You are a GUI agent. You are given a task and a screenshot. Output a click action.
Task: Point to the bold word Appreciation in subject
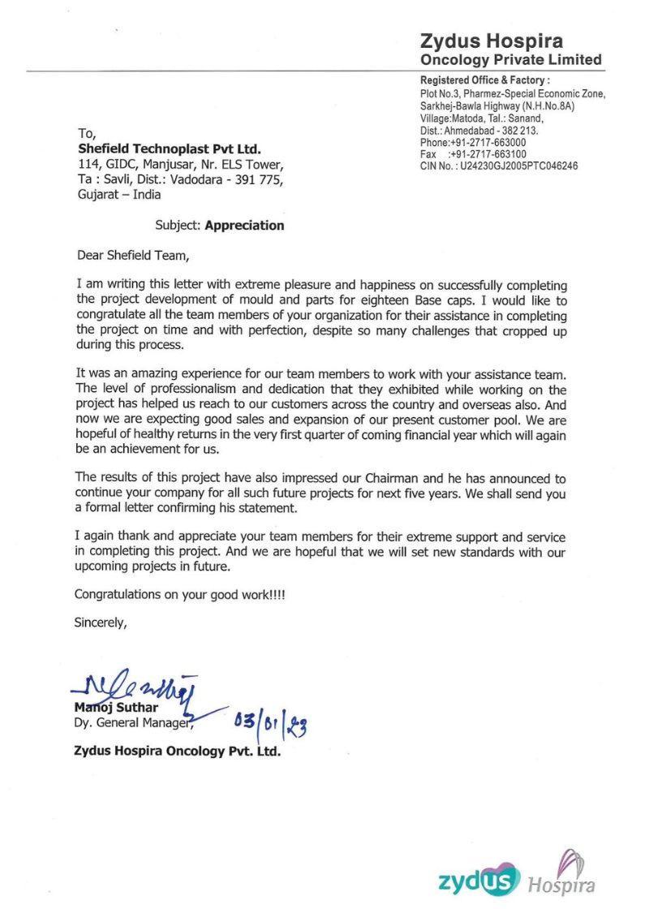pyautogui.click(x=244, y=226)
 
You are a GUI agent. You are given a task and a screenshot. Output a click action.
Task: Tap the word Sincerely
pyautogui.click(x=101, y=624)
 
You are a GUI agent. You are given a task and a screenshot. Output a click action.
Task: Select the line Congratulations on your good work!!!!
pyautogui.click(x=179, y=594)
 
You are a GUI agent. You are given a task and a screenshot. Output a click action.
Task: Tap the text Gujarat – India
pyautogui.click(x=119, y=195)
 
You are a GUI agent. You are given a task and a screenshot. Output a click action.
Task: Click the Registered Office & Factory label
pyautogui.click(x=485, y=80)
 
